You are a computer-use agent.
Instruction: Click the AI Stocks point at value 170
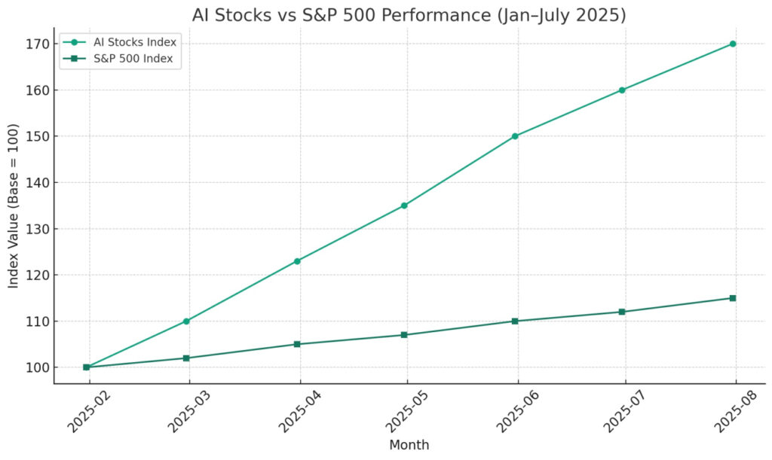coord(732,44)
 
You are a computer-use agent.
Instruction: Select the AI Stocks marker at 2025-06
coord(515,136)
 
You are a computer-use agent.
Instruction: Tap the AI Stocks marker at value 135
coord(404,206)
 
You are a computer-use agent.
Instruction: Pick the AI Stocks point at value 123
coord(297,261)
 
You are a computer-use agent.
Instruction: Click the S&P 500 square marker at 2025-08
coord(732,298)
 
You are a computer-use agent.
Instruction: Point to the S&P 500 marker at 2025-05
coord(404,335)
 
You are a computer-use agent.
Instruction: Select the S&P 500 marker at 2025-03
coord(186,358)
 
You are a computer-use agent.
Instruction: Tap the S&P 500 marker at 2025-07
coord(622,312)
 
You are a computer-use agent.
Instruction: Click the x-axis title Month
coord(409,445)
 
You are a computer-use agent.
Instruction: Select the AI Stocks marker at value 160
coord(622,90)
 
